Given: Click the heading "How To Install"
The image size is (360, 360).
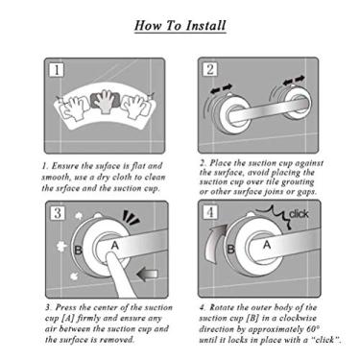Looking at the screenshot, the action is (x=180, y=26).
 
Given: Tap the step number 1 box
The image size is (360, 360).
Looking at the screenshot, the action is (x=57, y=70).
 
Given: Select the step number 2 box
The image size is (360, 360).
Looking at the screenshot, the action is (x=210, y=69).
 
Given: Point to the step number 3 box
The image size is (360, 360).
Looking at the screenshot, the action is (x=58, y=213).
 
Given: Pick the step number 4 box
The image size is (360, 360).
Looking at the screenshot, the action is (x=210, y=212).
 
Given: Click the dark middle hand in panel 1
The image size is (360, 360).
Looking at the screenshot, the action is (x=105, y=100).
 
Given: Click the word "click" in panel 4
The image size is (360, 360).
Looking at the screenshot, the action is (x=299, y=214).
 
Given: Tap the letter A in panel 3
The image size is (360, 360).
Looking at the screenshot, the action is (x=115, y=246).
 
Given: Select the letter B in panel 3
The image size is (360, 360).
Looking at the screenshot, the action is (x=78, y=250).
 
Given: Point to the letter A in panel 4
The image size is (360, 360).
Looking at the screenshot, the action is (x=267, y=245).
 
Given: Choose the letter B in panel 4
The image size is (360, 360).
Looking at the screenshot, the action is (x=231, y=249).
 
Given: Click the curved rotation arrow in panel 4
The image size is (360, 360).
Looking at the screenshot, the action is (x=213, y=244).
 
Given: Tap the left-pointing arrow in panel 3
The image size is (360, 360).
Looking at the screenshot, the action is (x=148, y=274).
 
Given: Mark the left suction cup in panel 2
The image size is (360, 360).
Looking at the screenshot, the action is (x=228, y=111).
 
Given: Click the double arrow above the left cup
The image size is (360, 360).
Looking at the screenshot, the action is (x=221, y=89).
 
